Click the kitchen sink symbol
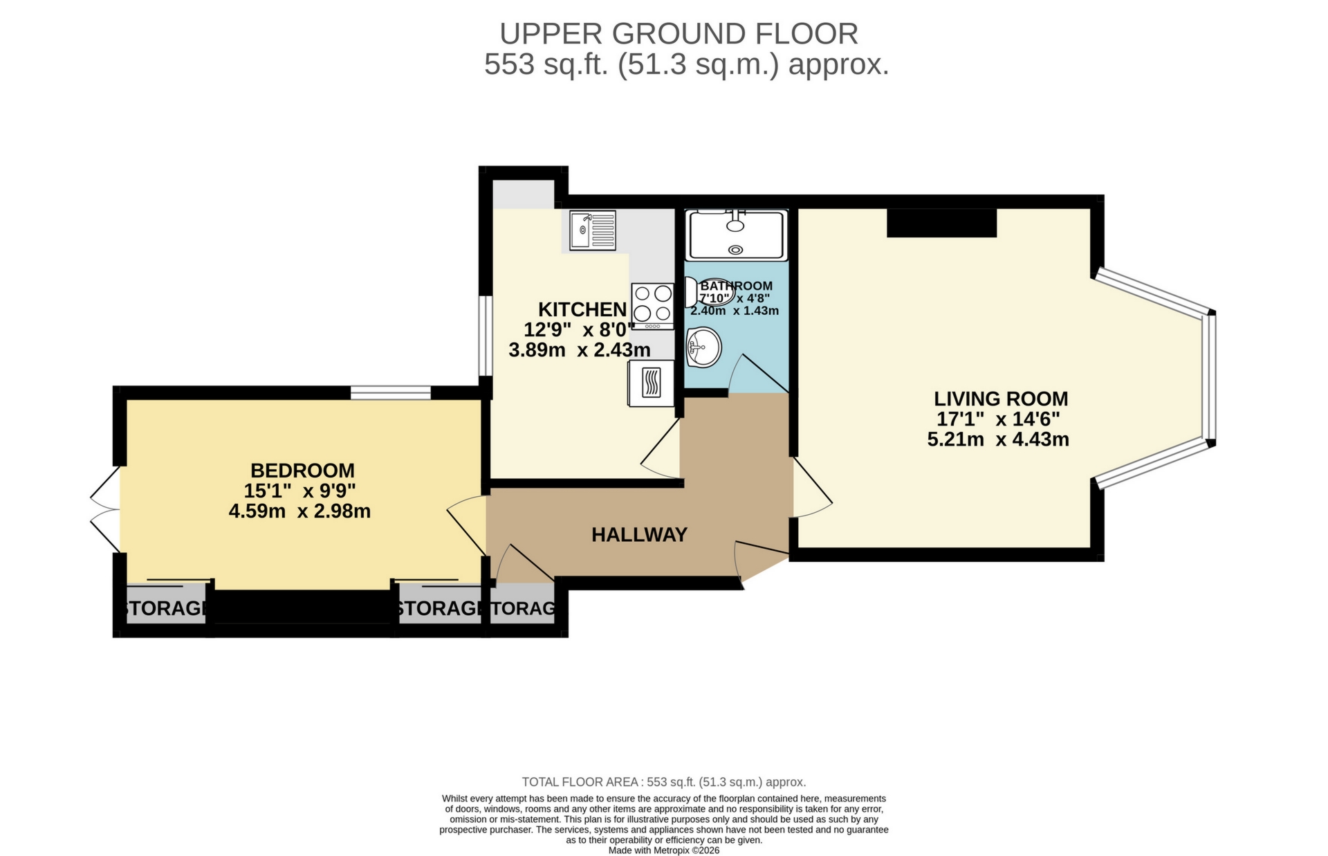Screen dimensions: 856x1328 click(592, 230)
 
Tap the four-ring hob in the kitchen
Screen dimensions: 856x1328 click(652, 306)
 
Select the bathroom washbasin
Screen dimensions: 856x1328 click(703, 347)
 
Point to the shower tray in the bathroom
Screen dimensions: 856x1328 click(736, 235)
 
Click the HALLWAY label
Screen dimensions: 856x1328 click(639, 535)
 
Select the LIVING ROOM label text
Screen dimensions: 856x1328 click(1000, 399)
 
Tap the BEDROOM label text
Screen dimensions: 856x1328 click(302, 471)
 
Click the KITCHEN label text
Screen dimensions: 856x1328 click(582, 309)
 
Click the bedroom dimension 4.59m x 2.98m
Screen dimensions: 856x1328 click(299, 511)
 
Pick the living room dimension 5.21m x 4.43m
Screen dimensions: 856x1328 click(998, 439)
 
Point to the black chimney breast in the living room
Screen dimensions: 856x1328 click(941, 223)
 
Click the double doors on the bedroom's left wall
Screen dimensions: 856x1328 click(105, 510)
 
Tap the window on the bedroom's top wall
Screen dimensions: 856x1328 click(390, 393)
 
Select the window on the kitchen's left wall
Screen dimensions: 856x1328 click(486, 336)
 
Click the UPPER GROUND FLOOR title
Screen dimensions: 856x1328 click(679, 33)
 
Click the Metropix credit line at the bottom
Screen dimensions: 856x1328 click(663, 850)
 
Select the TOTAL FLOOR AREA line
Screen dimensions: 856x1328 click(663, 782)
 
